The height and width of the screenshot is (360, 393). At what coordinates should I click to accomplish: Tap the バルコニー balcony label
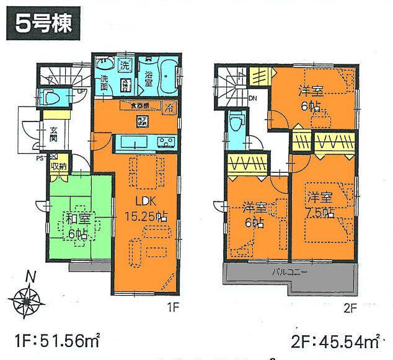click(x=289, y=271)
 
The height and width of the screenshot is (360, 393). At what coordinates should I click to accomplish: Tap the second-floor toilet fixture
click(x=236, y=123)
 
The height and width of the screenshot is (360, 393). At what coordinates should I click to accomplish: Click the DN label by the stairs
click(x=253, y=98)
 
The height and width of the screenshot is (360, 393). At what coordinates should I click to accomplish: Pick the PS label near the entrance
click(x=38, y=158)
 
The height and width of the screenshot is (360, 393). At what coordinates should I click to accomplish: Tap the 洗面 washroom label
click(x=106, y=81)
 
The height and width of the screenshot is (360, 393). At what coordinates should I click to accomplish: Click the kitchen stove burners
click(x=166, y=144)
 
